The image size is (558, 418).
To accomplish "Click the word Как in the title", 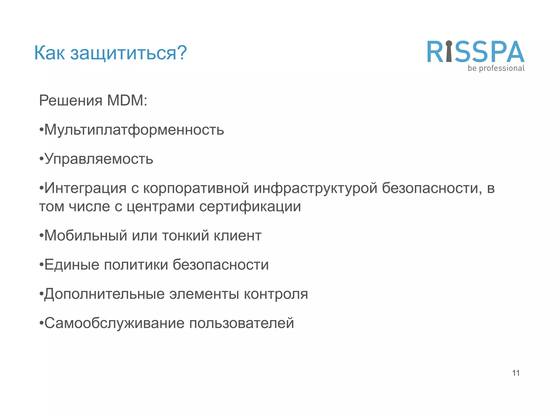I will click(x=49, y=53).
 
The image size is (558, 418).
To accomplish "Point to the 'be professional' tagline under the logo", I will click(x=496, y=68).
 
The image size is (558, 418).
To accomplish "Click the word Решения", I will click(x=71, y=100).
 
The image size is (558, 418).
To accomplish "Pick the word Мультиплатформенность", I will click(x=134, y=130).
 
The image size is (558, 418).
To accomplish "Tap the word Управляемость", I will click(x=99, y=159).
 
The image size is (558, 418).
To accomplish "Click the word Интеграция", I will click(x=85, y=188).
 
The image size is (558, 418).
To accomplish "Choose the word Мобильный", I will click(x=86, y=236).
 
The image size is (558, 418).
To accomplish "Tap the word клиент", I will click(x=237, y=236).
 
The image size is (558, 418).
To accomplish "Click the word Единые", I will click(x=72, y=265).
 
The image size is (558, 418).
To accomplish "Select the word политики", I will click(x=136, y=265).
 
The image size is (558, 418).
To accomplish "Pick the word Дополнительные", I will click(x=104, y=294).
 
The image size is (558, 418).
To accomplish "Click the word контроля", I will click(x=276, y=294).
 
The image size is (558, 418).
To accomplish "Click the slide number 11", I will click(x=516, y=373).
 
